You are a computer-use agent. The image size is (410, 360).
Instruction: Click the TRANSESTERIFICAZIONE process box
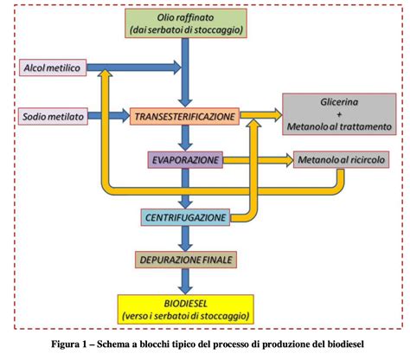[183, 115]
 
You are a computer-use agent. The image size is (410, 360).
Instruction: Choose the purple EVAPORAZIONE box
[183, 159]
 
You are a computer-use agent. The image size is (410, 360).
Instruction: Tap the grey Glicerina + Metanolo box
[336, 114]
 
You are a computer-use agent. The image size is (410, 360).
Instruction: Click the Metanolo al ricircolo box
[336, 160]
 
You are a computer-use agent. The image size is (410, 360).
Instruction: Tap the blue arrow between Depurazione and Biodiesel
[183, 280]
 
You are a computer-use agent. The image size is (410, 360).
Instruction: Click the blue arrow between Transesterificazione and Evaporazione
[183, 138]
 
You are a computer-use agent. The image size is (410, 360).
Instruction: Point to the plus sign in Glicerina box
[336, 114]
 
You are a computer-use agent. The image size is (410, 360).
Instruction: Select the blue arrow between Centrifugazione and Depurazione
[183, 238]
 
